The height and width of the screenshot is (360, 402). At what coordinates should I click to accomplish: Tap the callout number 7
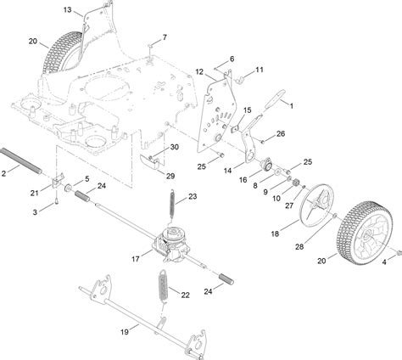click(x=165, y=37)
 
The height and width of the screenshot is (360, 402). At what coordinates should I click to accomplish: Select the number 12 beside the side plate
click(x=199, y=72)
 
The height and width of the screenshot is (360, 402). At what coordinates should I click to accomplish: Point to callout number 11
click(x=260, y=69)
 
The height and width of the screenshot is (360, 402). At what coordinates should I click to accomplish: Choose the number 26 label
click(x=280, y=133)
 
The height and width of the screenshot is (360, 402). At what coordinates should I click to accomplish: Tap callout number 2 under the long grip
click(x=5, y=172)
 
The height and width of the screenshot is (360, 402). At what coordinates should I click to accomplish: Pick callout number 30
click(x=175, y=148)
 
